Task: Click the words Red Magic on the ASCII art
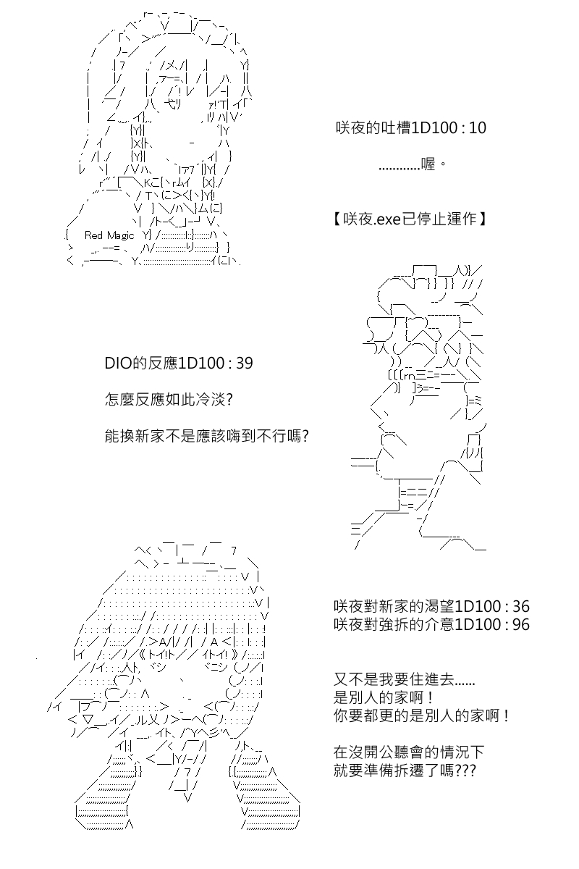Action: (x=109, y=235)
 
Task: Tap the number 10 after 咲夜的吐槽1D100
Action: (x=478, y=128)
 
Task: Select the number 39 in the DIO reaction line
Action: (x=245, y=363)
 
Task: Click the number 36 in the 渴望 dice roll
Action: (x=521, y=606)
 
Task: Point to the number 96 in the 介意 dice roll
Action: (x=521, y=624)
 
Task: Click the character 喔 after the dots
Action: (x=428, y=164)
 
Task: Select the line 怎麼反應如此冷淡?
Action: (x=169, y=400)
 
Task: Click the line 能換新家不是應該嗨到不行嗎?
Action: (x=207, y=436)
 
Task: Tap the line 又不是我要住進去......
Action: (x=404, y=679)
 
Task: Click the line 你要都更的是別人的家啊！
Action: (x=421, y=715)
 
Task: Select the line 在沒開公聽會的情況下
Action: (x=409, y=752)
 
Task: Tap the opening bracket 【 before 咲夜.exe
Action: (x=337, y=219)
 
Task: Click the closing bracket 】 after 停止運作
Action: (x=482, y=219)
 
